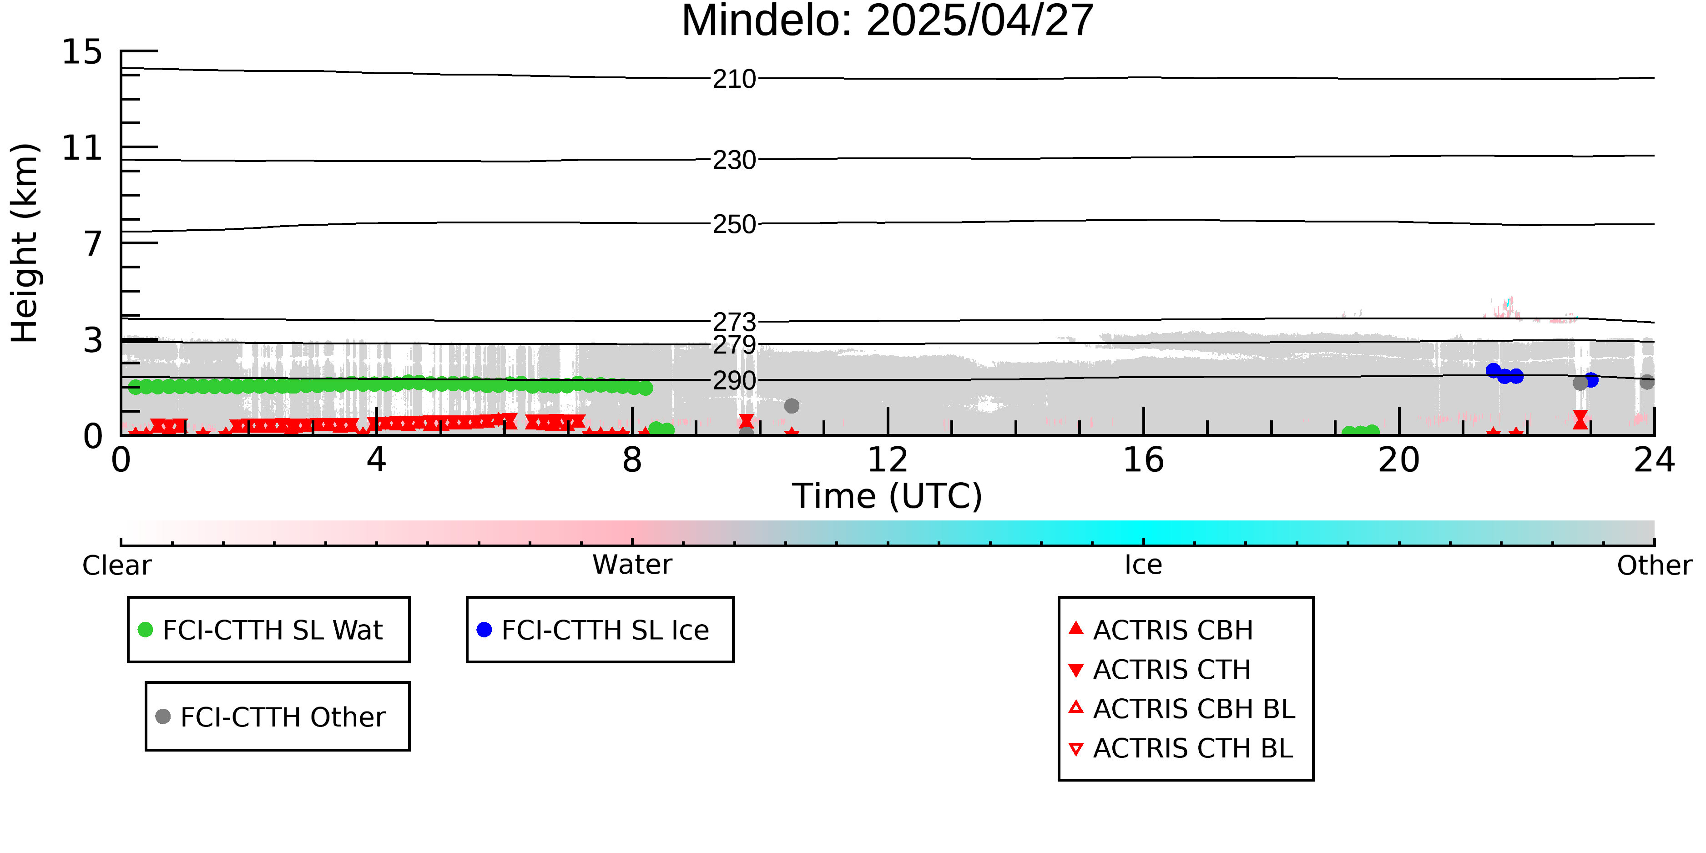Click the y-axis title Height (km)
(x=25, y=243)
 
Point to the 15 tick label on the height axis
(x=82, y=52)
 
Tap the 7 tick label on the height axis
(x=93, y=244)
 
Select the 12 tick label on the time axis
(x=888, y=459)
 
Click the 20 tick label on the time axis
(x=1399, y=459)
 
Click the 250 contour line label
(x=734, y=224)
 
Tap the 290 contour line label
(x=734, y=381)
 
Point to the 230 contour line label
(x=734, y=160)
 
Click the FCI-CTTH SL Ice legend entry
(x=593, y=630)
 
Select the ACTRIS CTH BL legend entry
(x=1181, y=748)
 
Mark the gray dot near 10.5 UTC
(x=792, y=406)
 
